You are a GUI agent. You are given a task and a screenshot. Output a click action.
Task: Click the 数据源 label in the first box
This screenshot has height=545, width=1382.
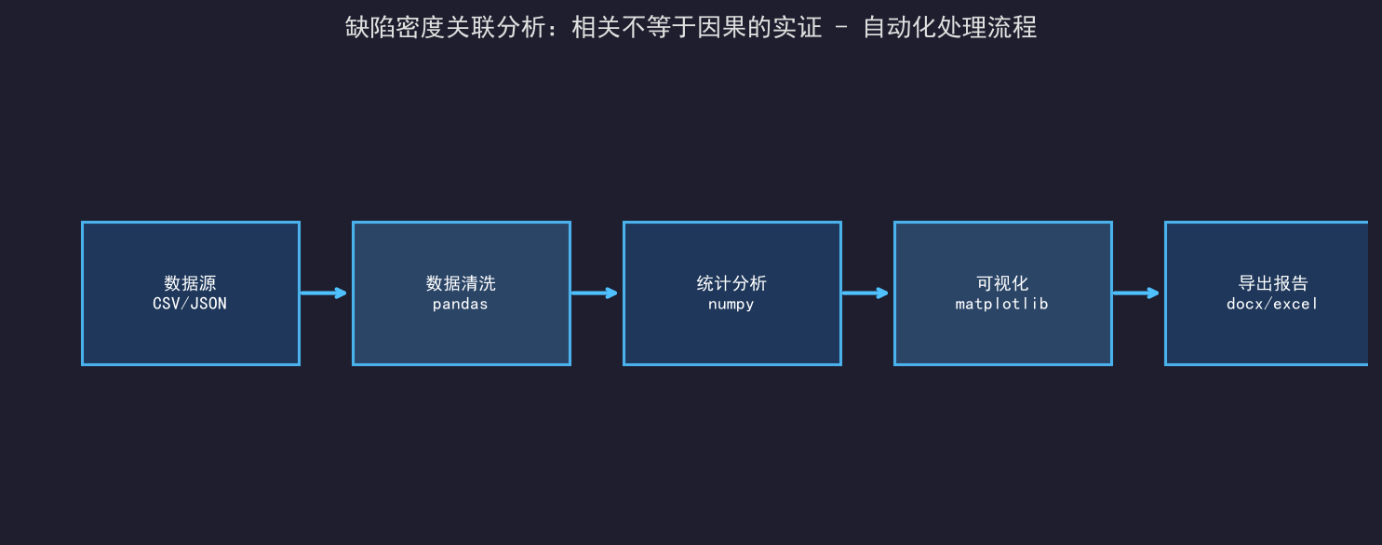(x=190, y=283)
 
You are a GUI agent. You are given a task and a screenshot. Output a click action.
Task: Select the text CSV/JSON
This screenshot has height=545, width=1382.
(x=190, y=304)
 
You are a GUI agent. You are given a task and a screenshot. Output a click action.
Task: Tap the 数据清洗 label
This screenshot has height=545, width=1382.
(x=461, y=283)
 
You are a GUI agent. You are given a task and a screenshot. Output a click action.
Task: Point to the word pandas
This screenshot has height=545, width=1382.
(x=461, y=304)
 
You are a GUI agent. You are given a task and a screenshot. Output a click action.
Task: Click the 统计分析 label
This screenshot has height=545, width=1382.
(x=731, y=283)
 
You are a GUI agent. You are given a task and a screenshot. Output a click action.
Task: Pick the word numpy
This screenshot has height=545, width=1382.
(x=731, y=305)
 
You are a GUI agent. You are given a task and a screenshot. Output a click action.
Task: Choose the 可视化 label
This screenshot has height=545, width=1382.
(x=1002, y=283)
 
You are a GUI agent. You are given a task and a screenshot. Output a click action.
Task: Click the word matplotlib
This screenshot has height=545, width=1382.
(x=1002, y=304)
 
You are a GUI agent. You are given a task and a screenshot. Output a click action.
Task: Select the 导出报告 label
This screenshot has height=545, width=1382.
(x=1273, y=283)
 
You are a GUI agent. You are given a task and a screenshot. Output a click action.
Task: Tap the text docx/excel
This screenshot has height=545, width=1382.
(x=1272, y=304)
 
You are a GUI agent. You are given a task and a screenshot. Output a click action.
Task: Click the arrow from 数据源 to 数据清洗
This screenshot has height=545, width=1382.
(x=324, y=293)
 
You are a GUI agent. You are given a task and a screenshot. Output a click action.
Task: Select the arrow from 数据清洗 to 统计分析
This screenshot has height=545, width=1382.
(x=595, y=293)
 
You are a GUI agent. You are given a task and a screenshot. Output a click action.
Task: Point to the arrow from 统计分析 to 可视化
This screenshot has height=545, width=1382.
(x=865, y=293)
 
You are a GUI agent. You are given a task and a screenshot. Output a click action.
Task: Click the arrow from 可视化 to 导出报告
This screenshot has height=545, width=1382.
(x=1136, y=293)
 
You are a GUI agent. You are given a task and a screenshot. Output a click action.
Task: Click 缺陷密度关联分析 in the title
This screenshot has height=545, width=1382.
(x=446, y=27)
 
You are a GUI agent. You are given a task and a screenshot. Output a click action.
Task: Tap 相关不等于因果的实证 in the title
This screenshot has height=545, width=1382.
(x=697, y=27)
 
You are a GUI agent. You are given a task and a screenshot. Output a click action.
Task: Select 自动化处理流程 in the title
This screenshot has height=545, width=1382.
(x=950, y=27)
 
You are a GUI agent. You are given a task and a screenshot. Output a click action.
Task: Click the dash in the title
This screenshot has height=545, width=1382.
(x=841, y=27)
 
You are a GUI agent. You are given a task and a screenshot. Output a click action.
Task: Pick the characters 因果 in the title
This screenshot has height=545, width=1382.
(x=722, y=27)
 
